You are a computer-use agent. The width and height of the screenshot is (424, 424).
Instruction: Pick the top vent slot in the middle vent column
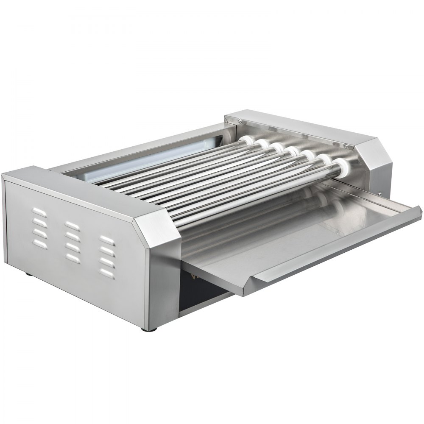tap(72, 225)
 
